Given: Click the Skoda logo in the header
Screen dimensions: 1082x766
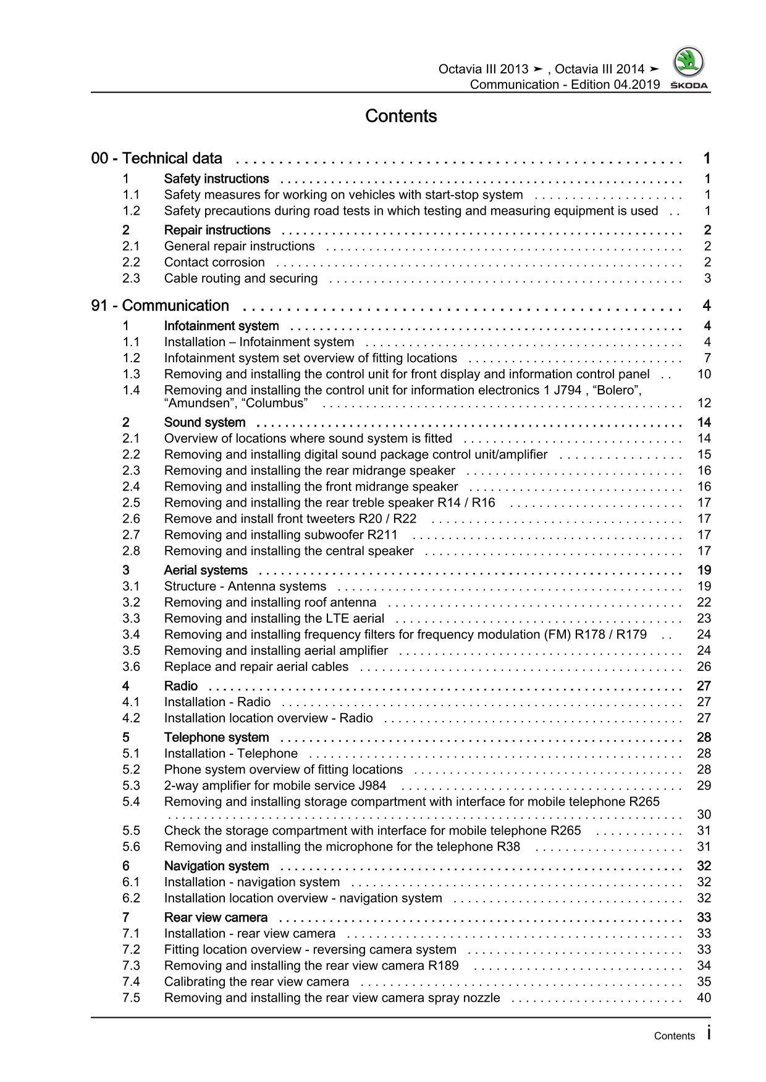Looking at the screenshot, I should point(689,68).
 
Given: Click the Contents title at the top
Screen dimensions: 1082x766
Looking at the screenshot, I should point(401,116).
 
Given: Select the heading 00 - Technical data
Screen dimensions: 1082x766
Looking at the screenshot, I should point(156,159).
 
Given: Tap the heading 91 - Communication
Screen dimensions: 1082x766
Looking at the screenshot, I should point(160,306).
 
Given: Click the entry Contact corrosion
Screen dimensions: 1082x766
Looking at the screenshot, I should point(214,262).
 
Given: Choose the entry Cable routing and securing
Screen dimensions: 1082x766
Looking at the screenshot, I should point(240,278).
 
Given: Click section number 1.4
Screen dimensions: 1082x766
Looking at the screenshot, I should point(131,390).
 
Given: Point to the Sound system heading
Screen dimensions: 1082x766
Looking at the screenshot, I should point(204,423).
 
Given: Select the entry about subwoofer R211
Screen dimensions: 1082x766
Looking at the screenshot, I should point(280,535).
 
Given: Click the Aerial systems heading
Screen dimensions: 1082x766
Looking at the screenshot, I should point(206,570).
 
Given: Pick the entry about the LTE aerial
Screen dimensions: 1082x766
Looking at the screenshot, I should point(274,618).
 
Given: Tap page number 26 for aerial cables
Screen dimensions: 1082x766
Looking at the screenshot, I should point(704,667).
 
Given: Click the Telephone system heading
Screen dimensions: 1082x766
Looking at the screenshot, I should point(216,738).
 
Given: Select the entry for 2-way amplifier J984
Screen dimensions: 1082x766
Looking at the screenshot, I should point(275,786).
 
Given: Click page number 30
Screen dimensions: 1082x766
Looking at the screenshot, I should point(704,815).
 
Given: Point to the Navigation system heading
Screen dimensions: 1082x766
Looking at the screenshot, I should point(216,866).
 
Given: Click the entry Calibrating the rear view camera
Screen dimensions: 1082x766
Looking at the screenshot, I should point(256,981).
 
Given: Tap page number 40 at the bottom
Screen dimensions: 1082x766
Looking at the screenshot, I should point(704,997).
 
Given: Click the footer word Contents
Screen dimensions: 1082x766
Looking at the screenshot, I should point(674,1036).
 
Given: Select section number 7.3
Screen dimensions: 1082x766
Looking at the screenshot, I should point(131,965).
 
